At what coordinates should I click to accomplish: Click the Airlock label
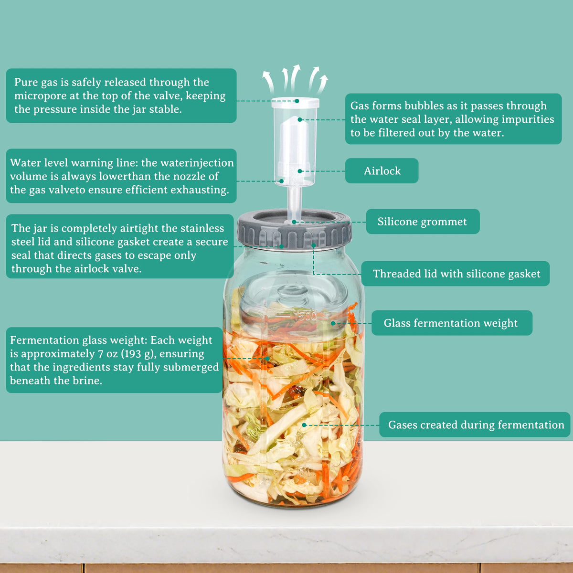[382, 171]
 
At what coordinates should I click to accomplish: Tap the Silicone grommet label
[423, 222]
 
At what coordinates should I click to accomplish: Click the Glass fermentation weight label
[451, 323]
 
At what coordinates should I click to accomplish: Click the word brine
[89, 381]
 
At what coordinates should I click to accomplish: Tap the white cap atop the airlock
[295, 103]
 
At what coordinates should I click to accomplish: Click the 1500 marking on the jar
[306, 316]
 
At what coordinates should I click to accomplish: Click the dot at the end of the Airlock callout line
[300, 171]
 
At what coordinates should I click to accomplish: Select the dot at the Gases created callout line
[304, 425]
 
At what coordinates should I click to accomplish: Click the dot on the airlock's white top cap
[297, 101]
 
